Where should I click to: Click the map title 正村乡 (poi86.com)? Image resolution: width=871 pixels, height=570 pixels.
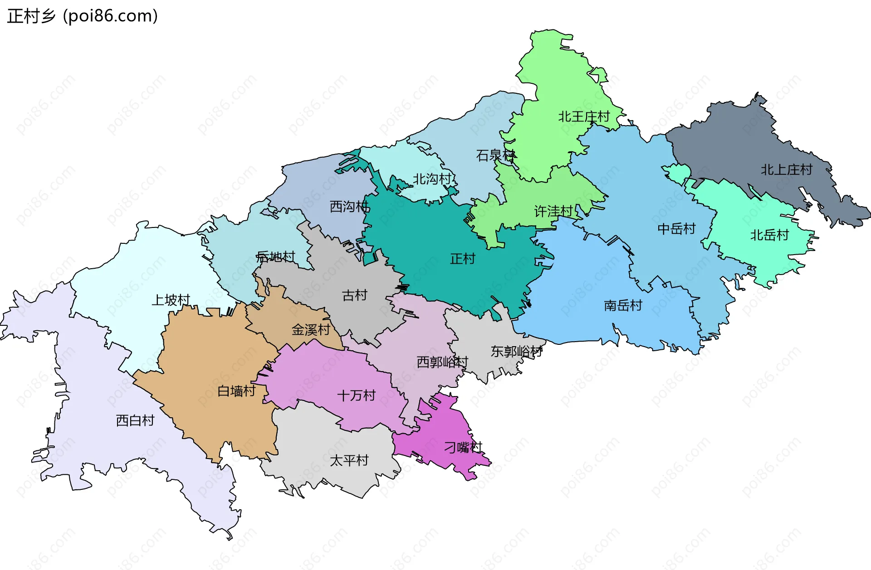(83, 16)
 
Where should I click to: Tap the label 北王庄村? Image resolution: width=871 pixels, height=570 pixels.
(584, 117)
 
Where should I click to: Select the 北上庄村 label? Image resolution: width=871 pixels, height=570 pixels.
(786, 170)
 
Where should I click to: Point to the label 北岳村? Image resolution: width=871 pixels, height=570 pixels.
(769, 235)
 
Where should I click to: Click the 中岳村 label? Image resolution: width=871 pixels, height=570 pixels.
(676, 229)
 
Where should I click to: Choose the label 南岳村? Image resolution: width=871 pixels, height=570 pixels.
(623, 306)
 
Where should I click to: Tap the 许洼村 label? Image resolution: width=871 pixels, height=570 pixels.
(553, 211)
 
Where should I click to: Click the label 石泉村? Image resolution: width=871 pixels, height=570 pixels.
(495, 155)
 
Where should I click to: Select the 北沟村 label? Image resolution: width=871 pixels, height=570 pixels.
(432, 179)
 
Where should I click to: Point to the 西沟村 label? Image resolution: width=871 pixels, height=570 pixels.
(349, 207)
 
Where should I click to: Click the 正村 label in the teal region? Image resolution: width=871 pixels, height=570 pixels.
(462, 259)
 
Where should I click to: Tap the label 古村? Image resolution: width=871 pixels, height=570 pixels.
(354, 295)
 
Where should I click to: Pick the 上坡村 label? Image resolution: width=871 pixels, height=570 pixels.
(171, 300)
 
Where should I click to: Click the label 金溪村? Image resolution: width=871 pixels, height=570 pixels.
(311, 330)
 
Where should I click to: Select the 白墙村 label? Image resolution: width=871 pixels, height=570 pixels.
(236, 391)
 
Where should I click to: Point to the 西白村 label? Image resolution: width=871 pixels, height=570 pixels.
(135, 420)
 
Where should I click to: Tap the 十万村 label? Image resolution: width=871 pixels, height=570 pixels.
(356, 396)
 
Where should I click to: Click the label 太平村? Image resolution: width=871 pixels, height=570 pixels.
(349, 461)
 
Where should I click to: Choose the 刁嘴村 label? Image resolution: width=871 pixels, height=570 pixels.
(463, 448)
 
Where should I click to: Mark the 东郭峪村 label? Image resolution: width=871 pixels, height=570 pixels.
(516, 352)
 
